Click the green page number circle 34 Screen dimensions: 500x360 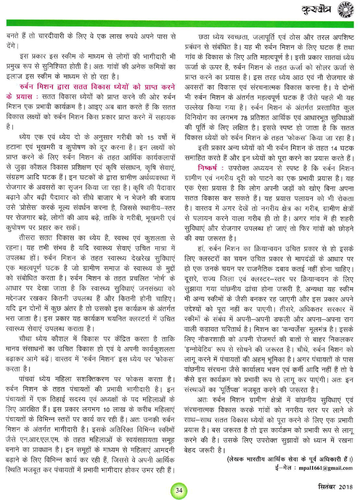click(x=179, y=490)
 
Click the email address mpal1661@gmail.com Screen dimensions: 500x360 click(x=326, y=468)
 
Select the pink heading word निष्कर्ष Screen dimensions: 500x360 click(x=207, y=168)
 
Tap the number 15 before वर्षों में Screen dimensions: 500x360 click(x=150, y=137)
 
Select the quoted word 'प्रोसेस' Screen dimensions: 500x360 click(x=29, y=208)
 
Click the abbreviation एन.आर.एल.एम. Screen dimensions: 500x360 click(x=42, y=440)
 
